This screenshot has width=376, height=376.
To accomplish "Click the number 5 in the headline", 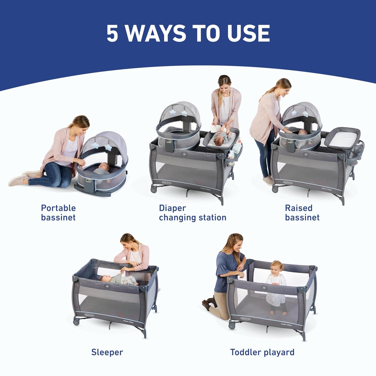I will (x=112, y=33).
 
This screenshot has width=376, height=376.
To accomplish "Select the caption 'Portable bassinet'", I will (x=58, y=213).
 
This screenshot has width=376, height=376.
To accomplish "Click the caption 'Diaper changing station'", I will (x=193, y=213).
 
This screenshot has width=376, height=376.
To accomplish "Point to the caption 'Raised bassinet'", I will (x=302, y=213).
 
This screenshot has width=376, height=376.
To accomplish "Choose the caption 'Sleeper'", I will (x=107, y=352).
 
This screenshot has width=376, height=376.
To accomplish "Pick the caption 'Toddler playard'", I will (x=262, y=352).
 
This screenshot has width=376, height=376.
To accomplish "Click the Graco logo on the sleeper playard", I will (x=89, y=314).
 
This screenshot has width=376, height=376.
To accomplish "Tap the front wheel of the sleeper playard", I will (x=75, y=322).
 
